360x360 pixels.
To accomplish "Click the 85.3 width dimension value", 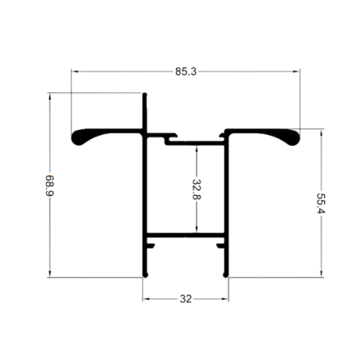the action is pyautogui.click(x=186, y=72).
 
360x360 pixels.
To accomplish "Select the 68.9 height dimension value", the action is pyautogui.click(x=49, y=186).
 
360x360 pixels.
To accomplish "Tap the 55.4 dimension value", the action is pyautogui.click(x=321, y=203).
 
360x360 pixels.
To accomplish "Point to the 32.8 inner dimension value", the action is pyautogui.click(x=197, y=189).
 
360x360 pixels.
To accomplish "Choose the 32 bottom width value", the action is pyautogui.click(x=186, y=299).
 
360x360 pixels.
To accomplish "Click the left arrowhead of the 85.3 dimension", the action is pyautogui.click(x=75, y=72).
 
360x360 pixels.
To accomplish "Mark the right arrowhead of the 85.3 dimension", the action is pyautogui.click(x=296, y=72).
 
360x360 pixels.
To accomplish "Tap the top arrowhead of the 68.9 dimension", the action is pyautogui.click(x=50, y=96).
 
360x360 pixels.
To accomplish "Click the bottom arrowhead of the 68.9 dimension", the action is pyautogui.click(x=50, y=274).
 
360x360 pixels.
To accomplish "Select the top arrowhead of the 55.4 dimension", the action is pyautogui.click(x=321, y=133).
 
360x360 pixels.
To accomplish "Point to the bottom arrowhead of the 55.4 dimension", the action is pyautogui.click(x=321, y=274).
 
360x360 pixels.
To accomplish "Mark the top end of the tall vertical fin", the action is pyautogui.click(x=145, y=95).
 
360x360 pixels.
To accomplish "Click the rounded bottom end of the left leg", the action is pyautogui.click(x=145, y=275).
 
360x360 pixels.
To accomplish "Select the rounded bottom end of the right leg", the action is pyautogui.click(x=226, y=275).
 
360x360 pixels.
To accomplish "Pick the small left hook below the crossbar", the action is pyautogui.click(x=151, y=245).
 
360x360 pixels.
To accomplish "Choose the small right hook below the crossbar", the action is pyautogui.click(x=220, y=245).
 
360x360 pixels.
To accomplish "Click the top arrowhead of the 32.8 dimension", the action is pyautogui.click(x=197, y=149).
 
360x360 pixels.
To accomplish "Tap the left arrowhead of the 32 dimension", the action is pyautogui.click(x=147, y=299).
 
